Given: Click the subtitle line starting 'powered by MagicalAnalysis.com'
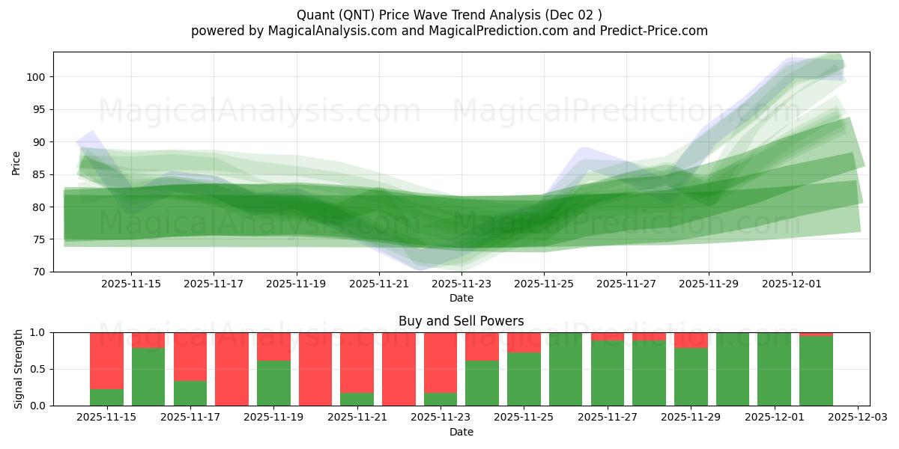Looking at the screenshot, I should tap(449, 31).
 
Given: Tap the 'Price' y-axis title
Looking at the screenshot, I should tap(16, 162).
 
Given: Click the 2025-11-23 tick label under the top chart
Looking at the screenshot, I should tap(461, 284).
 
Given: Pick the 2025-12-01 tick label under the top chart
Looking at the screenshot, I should tap(792, 284).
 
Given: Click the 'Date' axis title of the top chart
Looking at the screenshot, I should tap(461, 298).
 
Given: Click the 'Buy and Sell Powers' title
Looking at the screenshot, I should tap(461, 321).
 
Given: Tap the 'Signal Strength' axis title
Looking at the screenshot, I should tap(19, 369).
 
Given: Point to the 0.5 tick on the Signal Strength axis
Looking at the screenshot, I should tap(37, 369).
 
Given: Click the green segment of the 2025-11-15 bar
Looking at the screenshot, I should tap(106, 397).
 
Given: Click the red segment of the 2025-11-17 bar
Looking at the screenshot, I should tap(190, 356).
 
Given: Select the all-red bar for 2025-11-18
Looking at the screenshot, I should tap(231, 369).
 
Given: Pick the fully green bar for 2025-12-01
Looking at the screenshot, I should tap(774, 369).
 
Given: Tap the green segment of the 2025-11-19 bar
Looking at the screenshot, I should tap(273, 383).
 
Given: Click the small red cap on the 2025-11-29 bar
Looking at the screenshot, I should tap(691, 340).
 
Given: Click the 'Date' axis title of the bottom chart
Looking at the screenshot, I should tap(461, 432).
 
